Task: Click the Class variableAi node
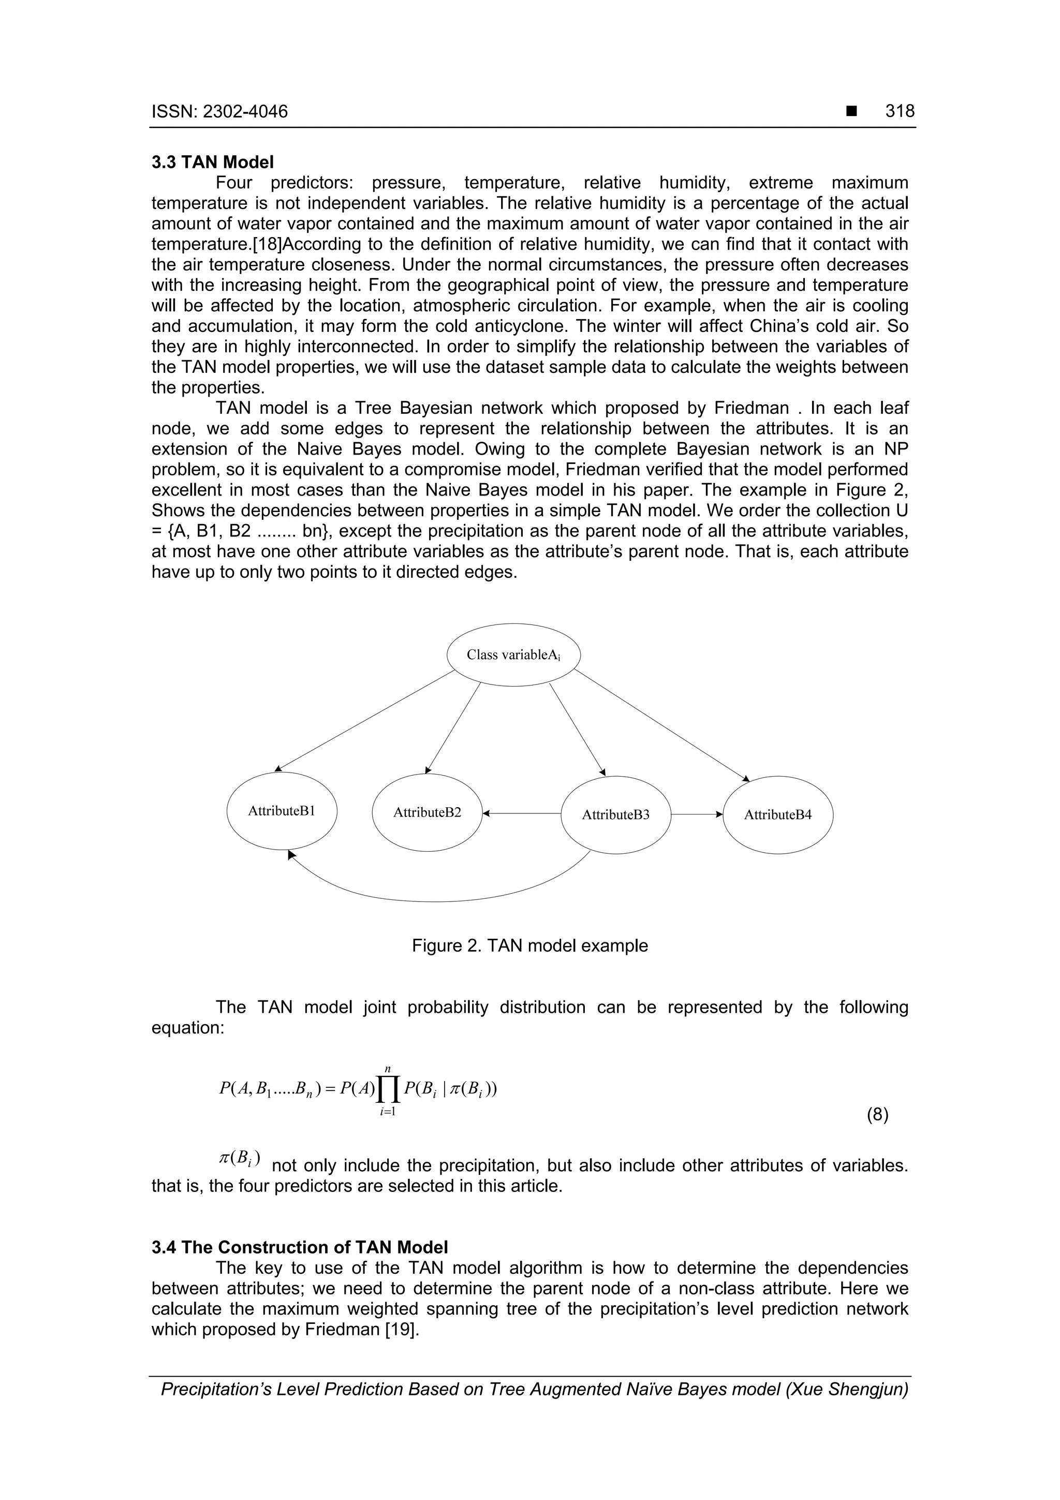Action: [x=513, y=654]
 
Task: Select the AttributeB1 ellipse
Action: [x=282, y=811]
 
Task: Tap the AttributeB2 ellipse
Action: [x=426, y=812]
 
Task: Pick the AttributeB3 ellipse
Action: [x=615, y=814]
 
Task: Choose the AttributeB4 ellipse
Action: [x=777, y=814]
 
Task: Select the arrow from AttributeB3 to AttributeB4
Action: [x=696, y=814]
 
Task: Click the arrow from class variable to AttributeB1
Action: [x=366, y=720]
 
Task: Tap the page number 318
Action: [x=900, y=111]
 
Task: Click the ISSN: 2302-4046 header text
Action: [x=219, y=112]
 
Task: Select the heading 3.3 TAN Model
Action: [x=213, y=162]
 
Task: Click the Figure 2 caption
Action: [x=529, y=945]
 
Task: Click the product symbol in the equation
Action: [x=387, y=1089]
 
